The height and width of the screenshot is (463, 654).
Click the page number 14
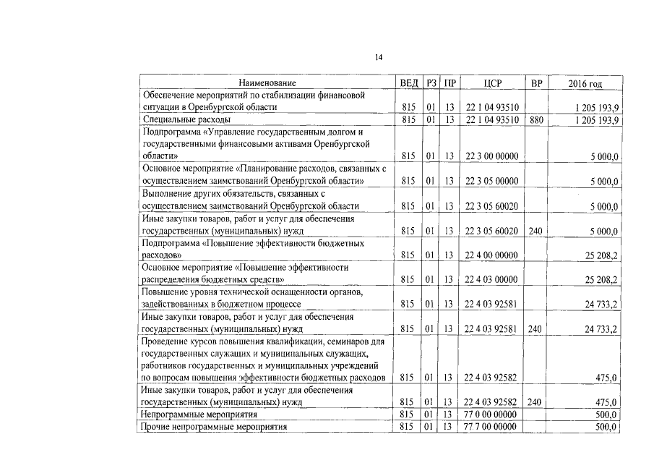point(379,58)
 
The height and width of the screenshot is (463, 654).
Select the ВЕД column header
point(410,82)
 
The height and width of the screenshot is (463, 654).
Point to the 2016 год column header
point(585,82)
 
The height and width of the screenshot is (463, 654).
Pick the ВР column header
point(535,82)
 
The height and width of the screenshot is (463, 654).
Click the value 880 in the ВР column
point(535,119)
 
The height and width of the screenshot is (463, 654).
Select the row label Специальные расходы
point(187,119)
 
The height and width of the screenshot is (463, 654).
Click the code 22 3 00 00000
point(491,156)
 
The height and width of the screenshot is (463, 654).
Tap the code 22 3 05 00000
point(491,181)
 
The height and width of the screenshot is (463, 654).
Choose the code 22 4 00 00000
point(491,255)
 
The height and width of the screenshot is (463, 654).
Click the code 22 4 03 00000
point(491,280)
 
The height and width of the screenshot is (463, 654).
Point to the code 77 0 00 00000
point(491,415)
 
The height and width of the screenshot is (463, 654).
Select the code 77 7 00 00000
point(491,427)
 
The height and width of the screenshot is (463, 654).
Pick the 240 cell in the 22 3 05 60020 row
point(535,231)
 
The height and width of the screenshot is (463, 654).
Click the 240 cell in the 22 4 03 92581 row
point(535,329)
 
